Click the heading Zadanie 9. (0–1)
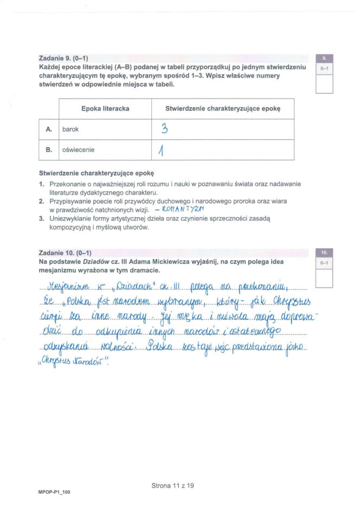(x=63, y=57)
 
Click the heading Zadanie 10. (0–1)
(x=65, y=253)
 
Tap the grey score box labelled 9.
(x=324, y=58)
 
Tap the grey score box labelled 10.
(x=324, y=253)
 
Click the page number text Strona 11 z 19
(x=172, y=486)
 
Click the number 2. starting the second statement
(x=42, y=201)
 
